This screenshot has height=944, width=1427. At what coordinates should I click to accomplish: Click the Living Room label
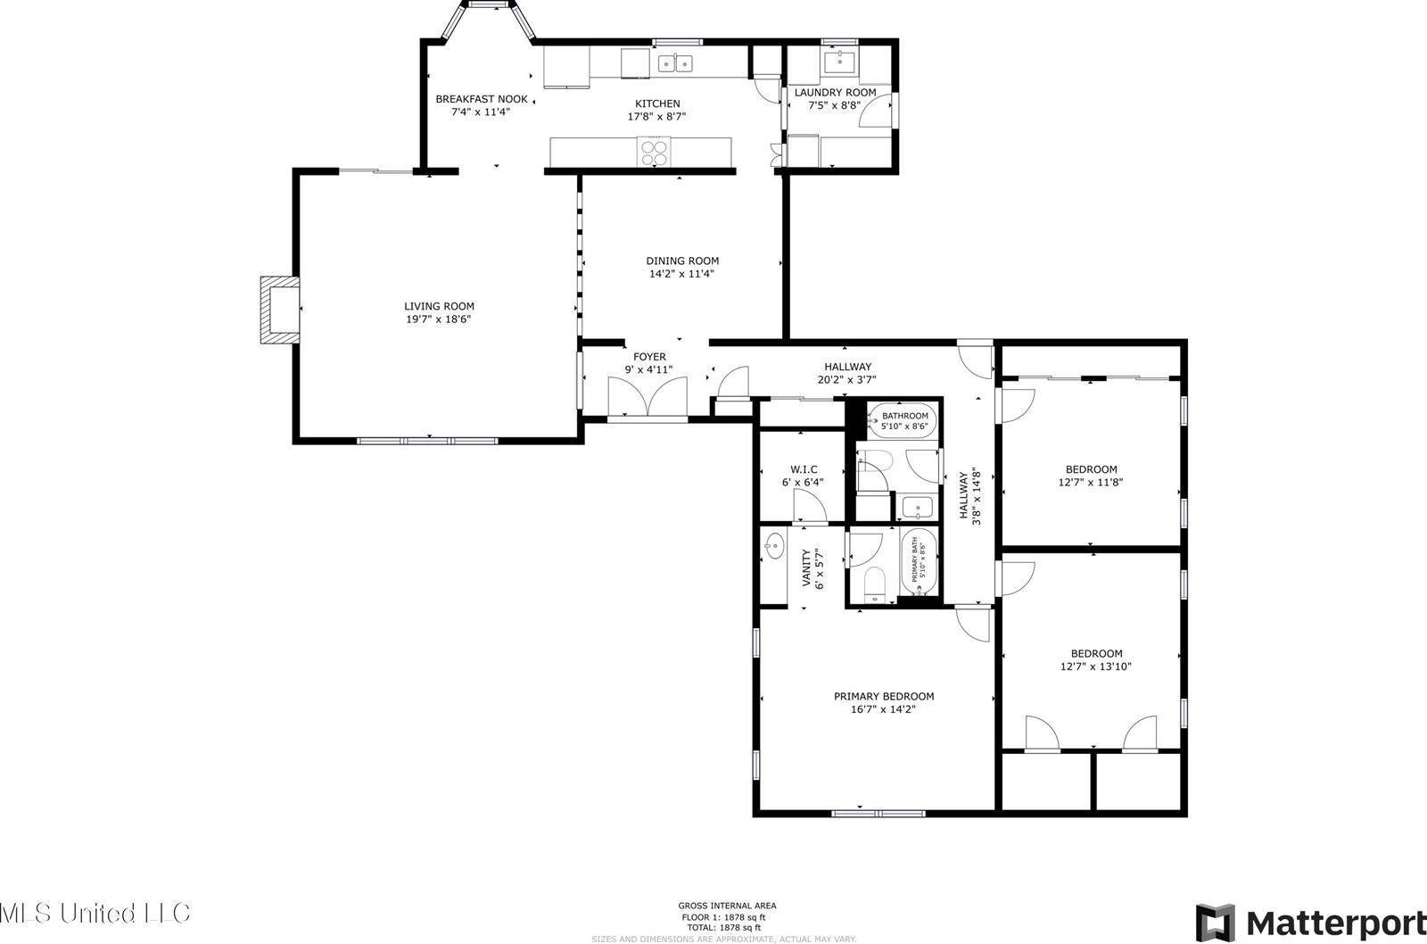click(439, 306)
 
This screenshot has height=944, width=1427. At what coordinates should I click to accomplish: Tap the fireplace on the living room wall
click(277, 310)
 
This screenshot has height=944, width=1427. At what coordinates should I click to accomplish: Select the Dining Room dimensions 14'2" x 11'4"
click(681, 274)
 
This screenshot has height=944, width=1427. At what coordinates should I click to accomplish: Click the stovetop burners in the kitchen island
click(654, 152)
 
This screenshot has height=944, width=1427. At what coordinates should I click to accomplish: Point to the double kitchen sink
click(675, 62)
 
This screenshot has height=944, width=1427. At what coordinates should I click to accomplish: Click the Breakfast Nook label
click(481, 99)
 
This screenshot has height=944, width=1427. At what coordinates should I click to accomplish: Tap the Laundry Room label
click(835, 92)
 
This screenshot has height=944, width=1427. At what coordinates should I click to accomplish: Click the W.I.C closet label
click(803, 469)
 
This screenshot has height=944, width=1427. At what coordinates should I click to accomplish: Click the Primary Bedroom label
click(883, 696)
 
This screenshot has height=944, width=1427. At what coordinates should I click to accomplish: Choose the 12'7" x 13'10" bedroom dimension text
click(1096, 666)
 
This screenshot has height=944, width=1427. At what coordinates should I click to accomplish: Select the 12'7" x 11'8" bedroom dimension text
click(1091, 482)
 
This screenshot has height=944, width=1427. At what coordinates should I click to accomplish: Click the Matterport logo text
click(1334, 920)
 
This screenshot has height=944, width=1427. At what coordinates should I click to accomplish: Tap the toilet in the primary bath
click(875, 585)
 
